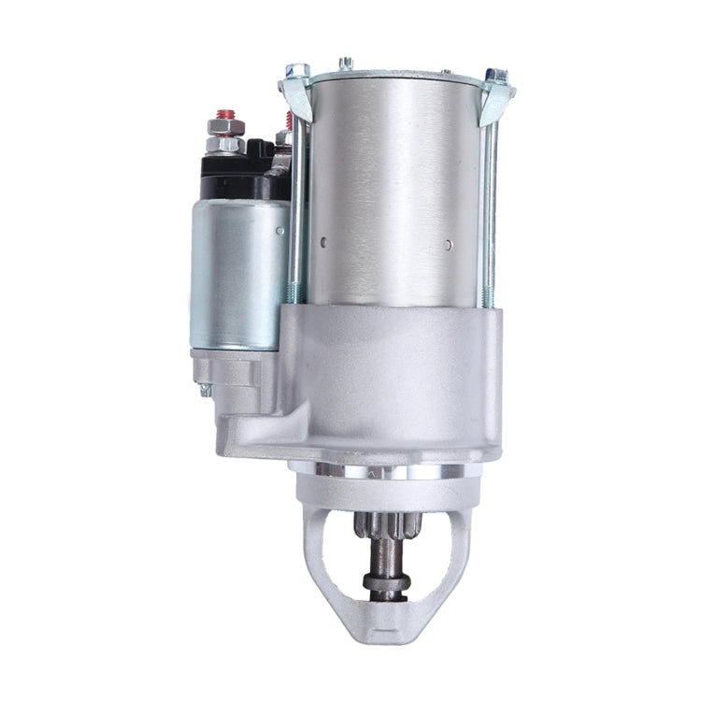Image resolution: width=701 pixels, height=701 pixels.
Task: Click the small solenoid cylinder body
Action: point(238,271)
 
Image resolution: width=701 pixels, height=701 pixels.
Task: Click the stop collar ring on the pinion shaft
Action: point(386,583)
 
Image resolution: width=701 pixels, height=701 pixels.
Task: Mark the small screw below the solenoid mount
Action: point(205,392)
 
